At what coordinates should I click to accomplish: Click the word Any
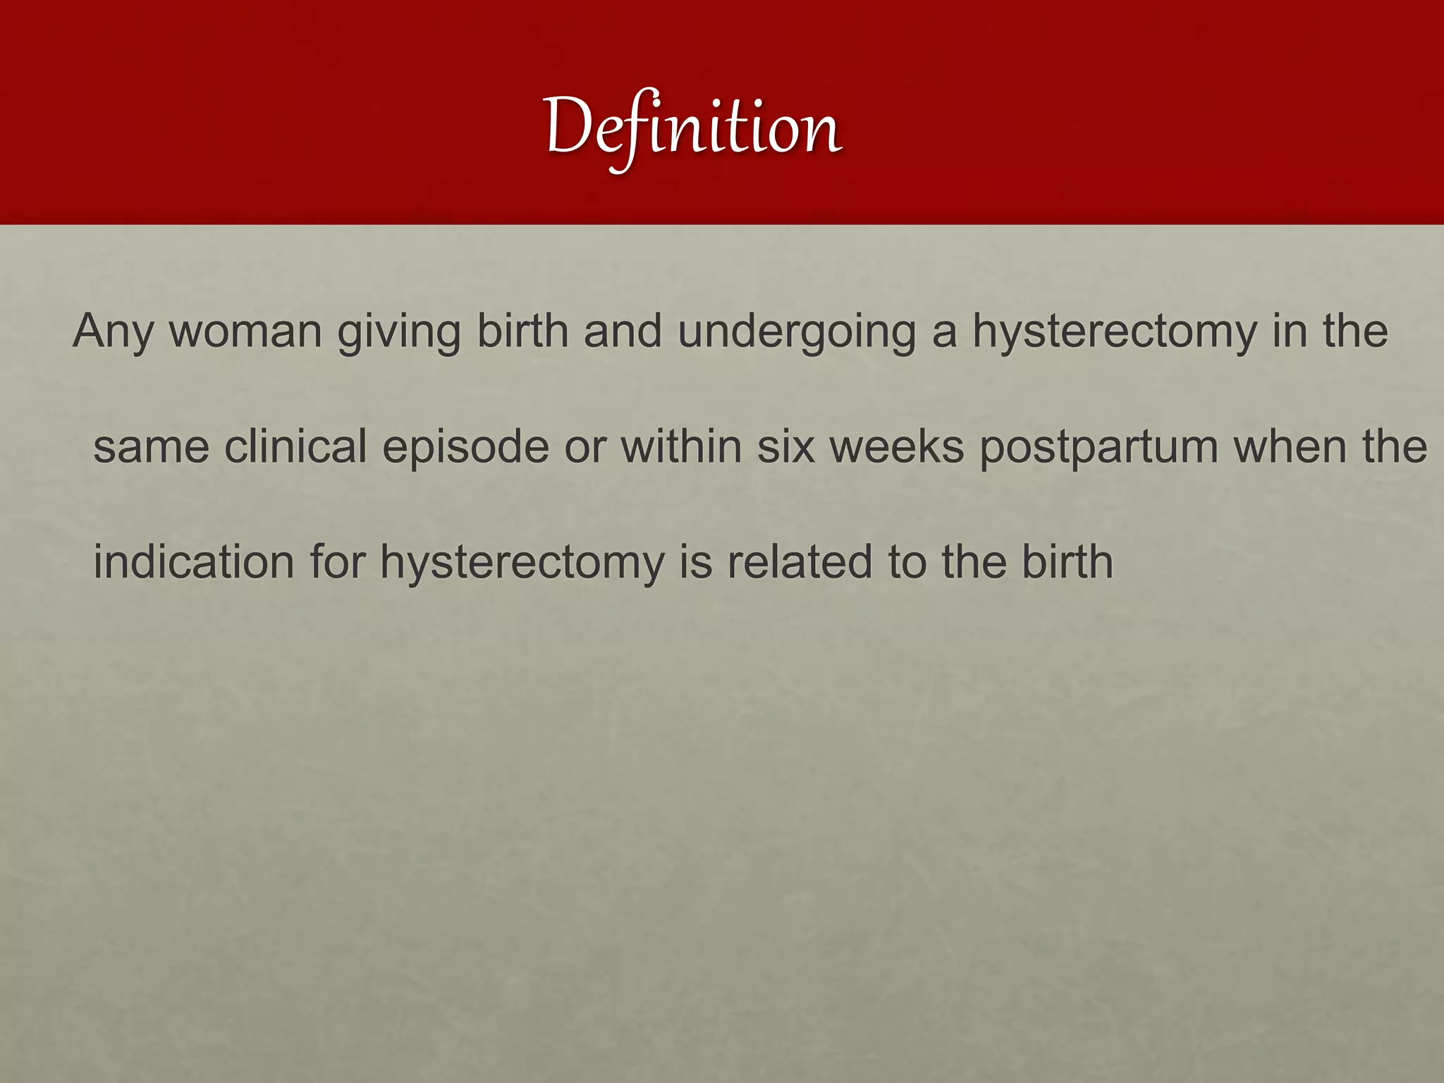click(x=113, y=331)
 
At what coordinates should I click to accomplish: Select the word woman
click(x=245, y=331)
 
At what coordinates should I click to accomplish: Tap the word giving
click(x=399, y=331)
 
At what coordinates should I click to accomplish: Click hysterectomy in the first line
click(x=1115, y=331)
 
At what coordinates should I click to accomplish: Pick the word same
click(x=151, y=446)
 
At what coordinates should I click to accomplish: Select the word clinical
click(x=295, y=446)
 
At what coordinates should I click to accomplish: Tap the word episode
click(x=465, y=446)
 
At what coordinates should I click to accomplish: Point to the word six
click(x=785, y=446)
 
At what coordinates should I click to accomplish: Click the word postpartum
click(x=1099, y=446)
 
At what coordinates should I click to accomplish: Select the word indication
click(x=193, y=562)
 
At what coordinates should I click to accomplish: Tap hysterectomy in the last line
click(x=522, y=562)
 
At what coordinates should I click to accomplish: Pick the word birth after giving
click(x=522, y=331)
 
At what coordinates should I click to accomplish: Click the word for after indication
click(x=337, y=562)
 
